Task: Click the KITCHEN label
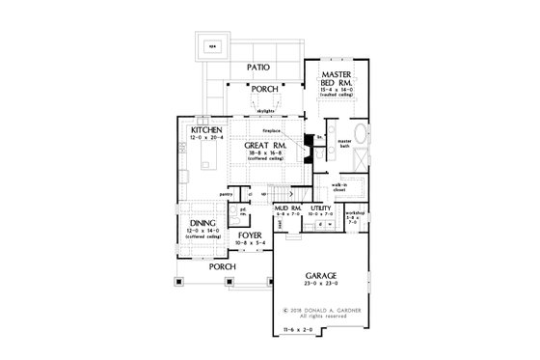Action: [207, 129]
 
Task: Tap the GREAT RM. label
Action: [262, 145]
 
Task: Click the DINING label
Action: [203, 221]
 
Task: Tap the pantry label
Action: [227, 195]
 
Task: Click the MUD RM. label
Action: [291, 207]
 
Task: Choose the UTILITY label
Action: [321, 207]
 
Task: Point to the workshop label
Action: [355, 212]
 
